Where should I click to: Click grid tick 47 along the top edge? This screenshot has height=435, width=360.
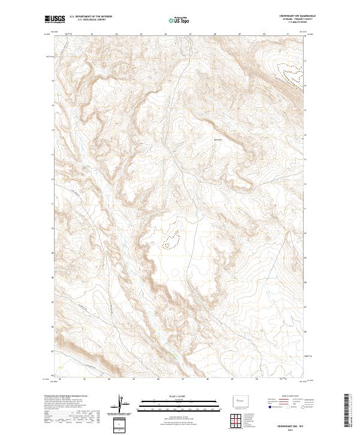tap(191, 34)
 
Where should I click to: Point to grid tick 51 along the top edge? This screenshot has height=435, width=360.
tap(289, 34)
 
